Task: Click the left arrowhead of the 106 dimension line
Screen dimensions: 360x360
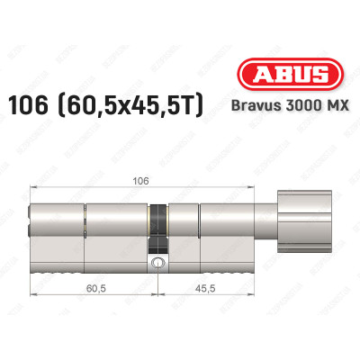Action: tap(33, 188)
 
